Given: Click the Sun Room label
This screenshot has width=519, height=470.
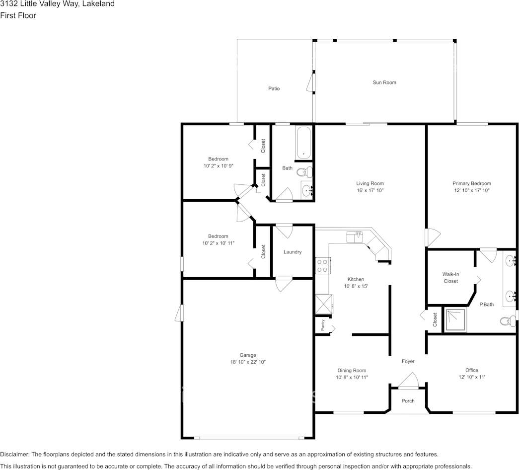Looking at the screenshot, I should pyautogui.click(x=384, y=82).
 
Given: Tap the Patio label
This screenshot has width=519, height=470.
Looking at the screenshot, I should pyautogui.click(x=274, y=88).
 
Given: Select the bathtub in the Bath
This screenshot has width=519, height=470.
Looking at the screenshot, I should pyautogui.click(x=303, y=143).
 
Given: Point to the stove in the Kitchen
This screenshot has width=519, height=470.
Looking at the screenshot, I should pyautogui.click(x=322, y=265).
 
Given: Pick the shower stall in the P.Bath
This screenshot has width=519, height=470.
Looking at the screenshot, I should pyautogui.click(x=455, y=321).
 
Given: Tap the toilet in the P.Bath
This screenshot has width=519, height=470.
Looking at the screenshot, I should pyautogui.click(x=507, y=321).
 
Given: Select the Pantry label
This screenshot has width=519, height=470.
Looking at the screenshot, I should pyautogui.click(x=322, y=325).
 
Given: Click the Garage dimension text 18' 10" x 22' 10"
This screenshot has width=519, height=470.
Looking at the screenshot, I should pyautogui.click(x=248, y=362).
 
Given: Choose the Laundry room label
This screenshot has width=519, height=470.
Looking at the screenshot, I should pyautogui.click(x=293, y=252).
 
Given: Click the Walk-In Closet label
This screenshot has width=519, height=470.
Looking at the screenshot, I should pyautogui.click(x=450, y=278).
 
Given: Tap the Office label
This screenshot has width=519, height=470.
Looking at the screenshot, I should pyautogui.click(x=472, y=370).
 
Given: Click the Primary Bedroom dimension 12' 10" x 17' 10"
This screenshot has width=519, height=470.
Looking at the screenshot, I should pyautogui.click(x=471, y=190).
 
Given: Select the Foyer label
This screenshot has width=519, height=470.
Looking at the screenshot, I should pyautogui.click(x=408, y=361).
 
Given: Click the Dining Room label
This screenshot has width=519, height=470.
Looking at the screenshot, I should pyautogui.click(x=352, y=370).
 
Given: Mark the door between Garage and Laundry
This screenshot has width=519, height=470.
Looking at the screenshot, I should pyautogui.click(x=284, y=284).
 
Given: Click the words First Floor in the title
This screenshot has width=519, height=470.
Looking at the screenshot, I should pyautogui.click(x=18, y=15).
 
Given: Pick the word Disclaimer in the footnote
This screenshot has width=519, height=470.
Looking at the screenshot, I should pyautogui.click(x=14, y=455).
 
